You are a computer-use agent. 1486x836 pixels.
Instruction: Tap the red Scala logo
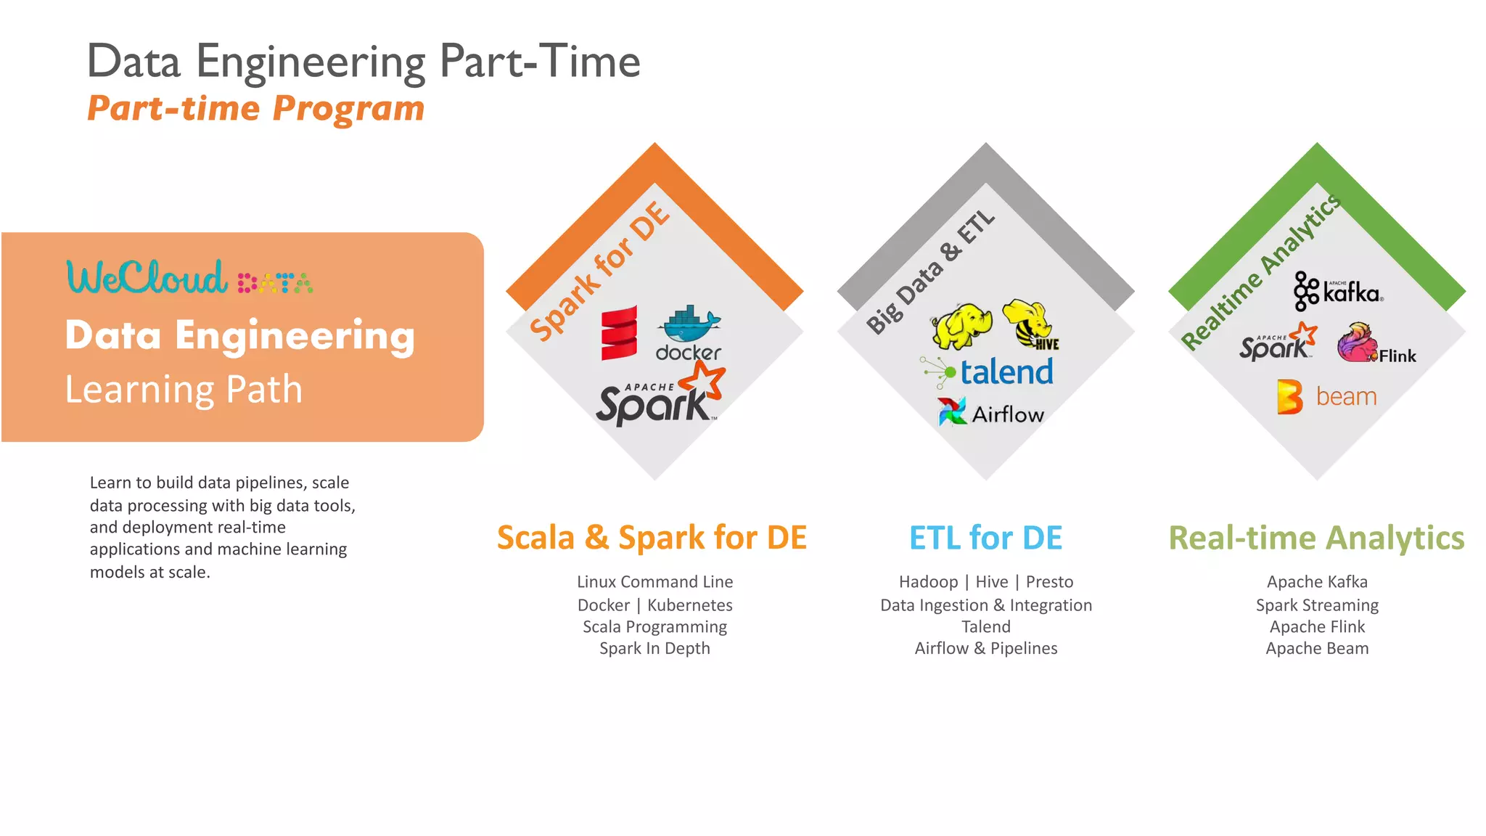[619, 333]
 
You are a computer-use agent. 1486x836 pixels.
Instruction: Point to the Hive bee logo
[1030, 324]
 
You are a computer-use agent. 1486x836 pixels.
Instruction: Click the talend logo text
[1006, 372]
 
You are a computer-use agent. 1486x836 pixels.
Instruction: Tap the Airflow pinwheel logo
[952, 411]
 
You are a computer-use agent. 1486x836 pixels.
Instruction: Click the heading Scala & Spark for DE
[652, 538]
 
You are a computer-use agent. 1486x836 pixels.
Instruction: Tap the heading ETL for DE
[985, 538]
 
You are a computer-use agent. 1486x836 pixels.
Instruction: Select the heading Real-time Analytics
[1316, 538]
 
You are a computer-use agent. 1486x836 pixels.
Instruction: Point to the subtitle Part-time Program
[255, 109]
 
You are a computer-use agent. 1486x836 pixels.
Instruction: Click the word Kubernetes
[689, 605]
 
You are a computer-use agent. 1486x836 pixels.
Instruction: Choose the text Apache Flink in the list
[1317, 627]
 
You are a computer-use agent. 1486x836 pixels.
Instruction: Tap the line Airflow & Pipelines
[985, 649]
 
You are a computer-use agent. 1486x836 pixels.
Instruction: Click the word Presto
[1049, 582]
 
